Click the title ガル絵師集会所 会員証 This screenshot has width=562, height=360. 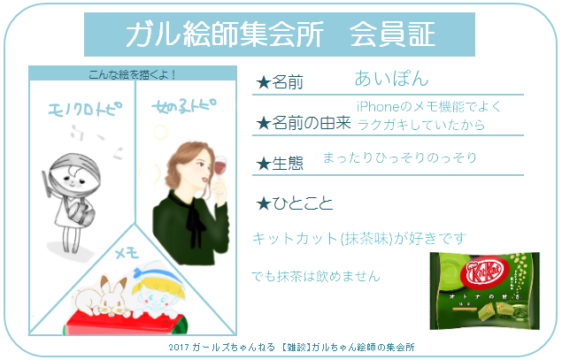point(281,34)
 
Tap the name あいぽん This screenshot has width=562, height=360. point(391,78)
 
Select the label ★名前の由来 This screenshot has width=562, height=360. point(304,123)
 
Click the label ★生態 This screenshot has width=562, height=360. point(280,164)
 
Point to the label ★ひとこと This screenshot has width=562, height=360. point(294,203)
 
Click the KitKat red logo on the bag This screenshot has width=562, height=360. point(485,272)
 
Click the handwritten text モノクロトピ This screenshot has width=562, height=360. point(85,108)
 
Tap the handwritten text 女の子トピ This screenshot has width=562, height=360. point(184,105)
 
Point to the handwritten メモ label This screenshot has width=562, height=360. point(127,253)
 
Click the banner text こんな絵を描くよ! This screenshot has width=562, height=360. point(132,74)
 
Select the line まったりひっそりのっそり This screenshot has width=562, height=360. point(400,157)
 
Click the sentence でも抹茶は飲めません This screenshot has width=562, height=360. point(316,276)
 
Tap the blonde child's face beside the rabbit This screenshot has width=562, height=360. point(156,297)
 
